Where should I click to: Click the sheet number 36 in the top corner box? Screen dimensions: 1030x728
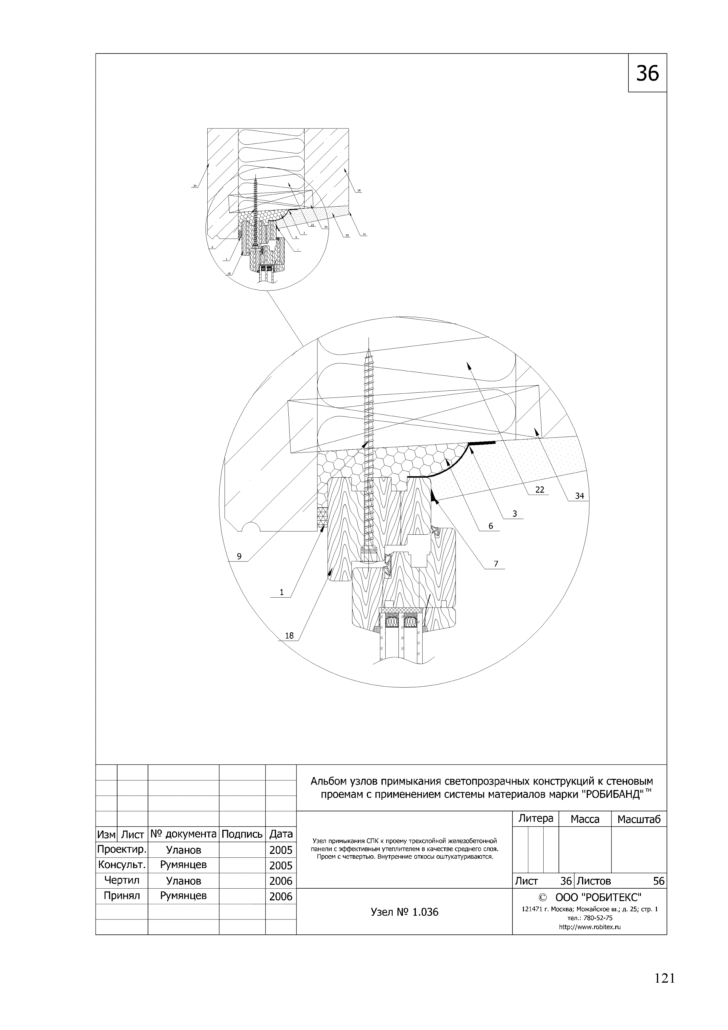pyautogui.click(x=647, y=73)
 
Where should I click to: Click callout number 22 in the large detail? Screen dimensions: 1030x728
pyautogui.click(x=540, y=489)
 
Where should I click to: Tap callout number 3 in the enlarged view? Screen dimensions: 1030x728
pyautogui.click(x=515, y=514)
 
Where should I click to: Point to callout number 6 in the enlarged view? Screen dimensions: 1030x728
pyautogui.click(x=491, y=526)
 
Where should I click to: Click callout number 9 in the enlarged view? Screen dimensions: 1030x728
pyautogui.click(x=239, y=556)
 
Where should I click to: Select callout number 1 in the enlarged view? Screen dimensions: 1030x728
pyautogui.click(x=282, y=592)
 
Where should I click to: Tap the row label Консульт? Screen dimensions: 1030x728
pyautogui.click(x=122, y=865)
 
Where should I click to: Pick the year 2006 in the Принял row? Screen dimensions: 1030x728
pyautogui.click(x=281, y=896)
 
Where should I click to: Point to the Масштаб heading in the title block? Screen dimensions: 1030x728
pyautogui.click(x=639, y=819)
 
